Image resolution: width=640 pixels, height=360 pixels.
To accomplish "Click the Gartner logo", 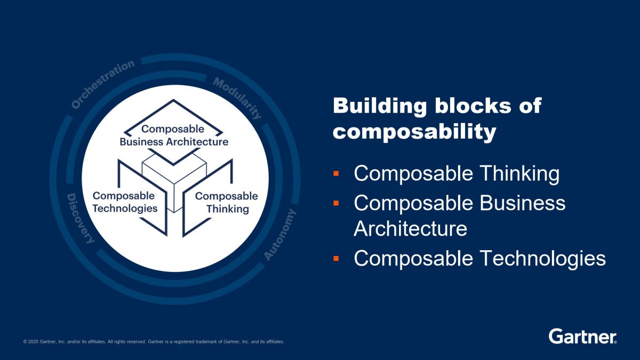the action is coord(582,336).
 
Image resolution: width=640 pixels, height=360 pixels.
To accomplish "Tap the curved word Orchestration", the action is coord(103,84).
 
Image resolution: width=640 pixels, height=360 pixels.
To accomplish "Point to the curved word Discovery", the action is coord(81,219).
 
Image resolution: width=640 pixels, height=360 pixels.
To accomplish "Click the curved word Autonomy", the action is coord(280,234).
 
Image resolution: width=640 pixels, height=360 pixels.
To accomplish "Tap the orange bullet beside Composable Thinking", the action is coord(336,173).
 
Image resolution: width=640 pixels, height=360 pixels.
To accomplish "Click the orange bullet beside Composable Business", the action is coord(336,203).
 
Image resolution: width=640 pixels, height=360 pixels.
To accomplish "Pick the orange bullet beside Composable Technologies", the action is coord(336,259).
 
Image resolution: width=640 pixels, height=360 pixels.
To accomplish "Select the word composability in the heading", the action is coord(414,133).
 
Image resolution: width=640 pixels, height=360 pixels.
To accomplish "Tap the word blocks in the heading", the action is coord(473,106).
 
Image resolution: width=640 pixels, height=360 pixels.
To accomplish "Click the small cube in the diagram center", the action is coord(174,183).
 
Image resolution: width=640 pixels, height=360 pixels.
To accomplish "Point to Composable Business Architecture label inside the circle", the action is coord(174,135).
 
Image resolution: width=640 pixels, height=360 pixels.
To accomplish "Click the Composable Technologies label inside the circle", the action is coord(125,202).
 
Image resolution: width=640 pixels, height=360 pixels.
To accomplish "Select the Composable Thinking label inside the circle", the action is coord(227,203).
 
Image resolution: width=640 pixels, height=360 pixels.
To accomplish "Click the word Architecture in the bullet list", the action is coord(410,229).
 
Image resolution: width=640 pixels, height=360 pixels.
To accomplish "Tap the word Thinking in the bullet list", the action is coord(519,174).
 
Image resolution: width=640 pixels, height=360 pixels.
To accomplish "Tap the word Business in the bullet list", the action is coord(522,203).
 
